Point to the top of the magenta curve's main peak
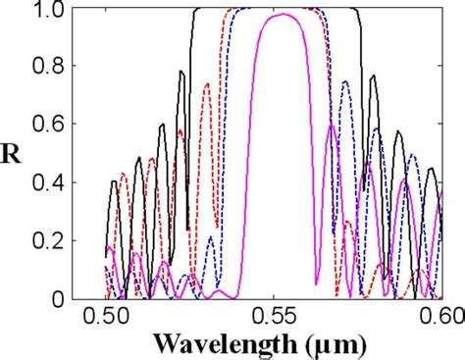(x=282, y=15)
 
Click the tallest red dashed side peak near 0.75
(x=206, y=83)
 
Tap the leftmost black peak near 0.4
(x=115, y=181)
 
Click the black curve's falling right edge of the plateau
(x=364, y=59)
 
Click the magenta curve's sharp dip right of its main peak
(x=316, y=284)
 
